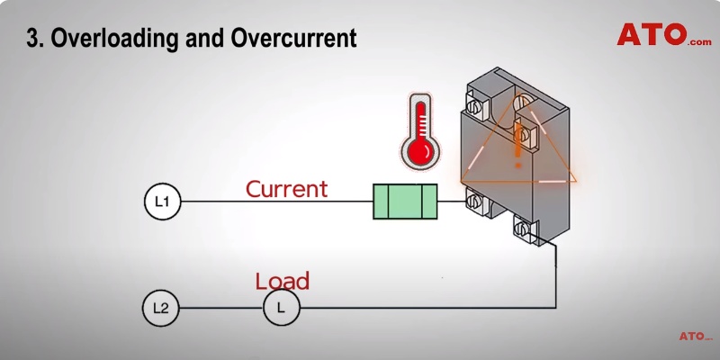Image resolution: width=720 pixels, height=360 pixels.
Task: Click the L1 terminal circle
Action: pos(163,202)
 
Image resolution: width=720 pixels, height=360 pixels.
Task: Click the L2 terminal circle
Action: pos(160,309)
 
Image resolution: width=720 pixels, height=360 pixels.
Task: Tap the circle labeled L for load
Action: pos(281,309)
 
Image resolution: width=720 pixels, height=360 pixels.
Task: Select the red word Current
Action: pos(286,189)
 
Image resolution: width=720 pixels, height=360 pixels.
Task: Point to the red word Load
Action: pos(282,281)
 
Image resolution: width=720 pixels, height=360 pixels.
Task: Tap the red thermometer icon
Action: pos(418,130)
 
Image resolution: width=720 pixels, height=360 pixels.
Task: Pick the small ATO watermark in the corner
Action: pos(696,336)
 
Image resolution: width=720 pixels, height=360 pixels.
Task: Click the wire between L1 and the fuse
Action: pos(270,202)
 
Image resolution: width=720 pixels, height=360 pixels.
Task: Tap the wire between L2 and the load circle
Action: pos(220,309)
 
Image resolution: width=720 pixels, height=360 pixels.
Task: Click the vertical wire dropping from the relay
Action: pos(556,279)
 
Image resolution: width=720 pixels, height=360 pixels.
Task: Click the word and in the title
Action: pos(212,40)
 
